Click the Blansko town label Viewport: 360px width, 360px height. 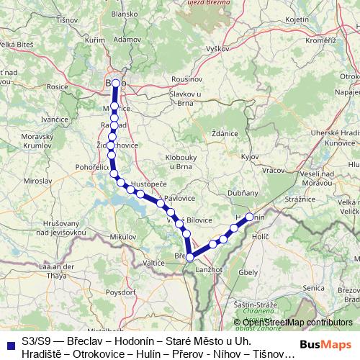(x=124, y=33)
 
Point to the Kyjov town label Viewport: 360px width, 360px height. (x=250, y=156)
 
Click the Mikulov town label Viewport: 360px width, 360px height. (x=122, y=236)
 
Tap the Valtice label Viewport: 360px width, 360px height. (x=154, y=264)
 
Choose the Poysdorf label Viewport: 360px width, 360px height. (x=120, y=293)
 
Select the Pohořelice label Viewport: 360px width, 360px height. (x=91, y=166)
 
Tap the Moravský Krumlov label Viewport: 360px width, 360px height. (x=32, y=141)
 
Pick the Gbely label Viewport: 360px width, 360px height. (x=248, y=273)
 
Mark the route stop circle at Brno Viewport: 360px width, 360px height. (x=115, y=84)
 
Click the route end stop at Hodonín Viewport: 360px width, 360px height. (x=250, y=217)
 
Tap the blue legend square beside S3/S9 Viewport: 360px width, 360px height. (x=9, y=340)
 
